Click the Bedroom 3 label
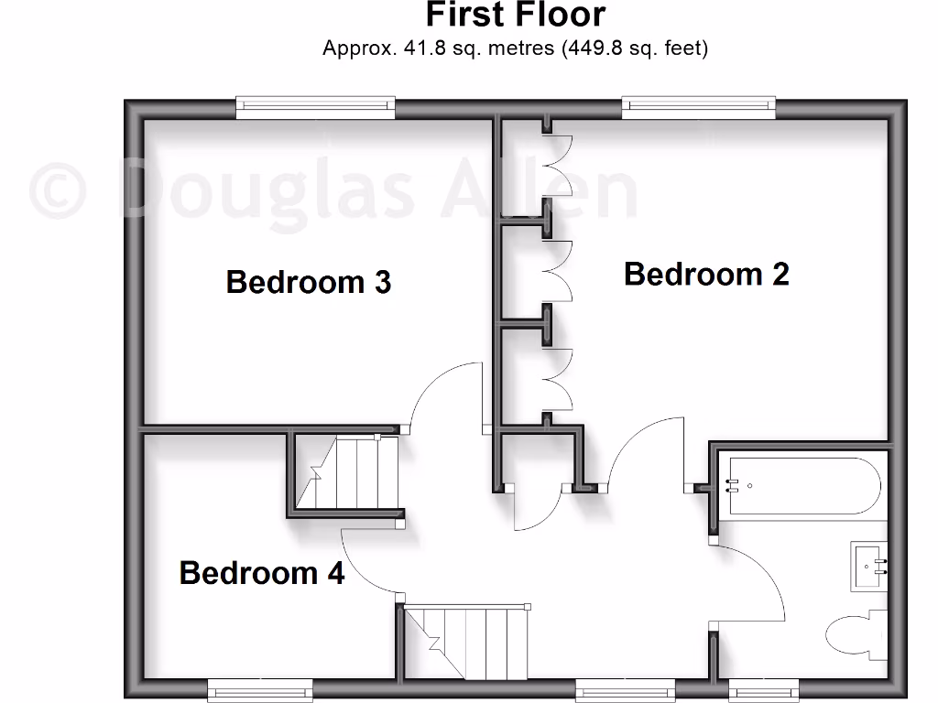tap(309, 282)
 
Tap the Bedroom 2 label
tap(706, 274)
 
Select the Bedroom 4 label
tap(262, 573)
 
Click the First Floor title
tap(516, 16)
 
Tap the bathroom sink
tap(869, 567)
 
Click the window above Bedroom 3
tap(316, 108)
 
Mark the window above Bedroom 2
tap(699, 108)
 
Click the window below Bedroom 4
tap(260, 689)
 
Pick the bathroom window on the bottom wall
tap(763, 689)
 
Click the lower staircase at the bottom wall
tap(467, 642)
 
